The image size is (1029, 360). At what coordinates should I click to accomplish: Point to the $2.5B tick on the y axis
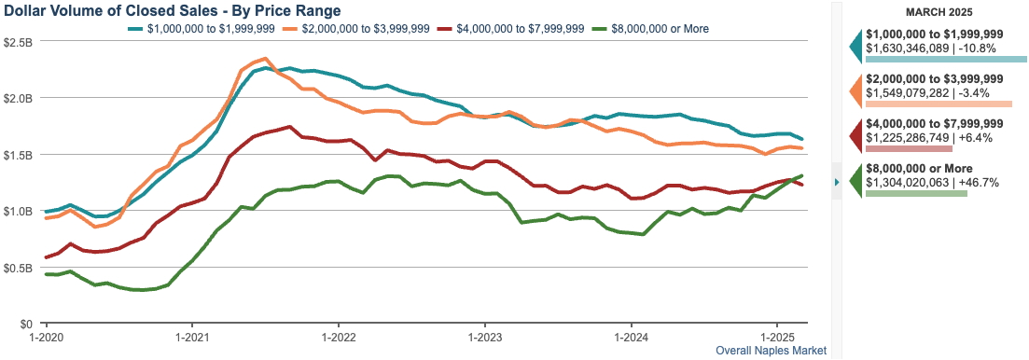tap(18, 42)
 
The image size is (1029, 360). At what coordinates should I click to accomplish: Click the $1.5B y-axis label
tap(18, 155)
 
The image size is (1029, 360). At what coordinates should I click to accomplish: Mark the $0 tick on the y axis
tap(25, 324)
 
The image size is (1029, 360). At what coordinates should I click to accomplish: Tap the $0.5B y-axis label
tap(18, 268)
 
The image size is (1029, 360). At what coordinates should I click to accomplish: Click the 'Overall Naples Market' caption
tap(771, 351)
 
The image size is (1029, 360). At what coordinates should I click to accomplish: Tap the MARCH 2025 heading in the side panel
tap(939, 12)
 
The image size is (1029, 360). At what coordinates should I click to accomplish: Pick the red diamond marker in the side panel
tap(855, 136)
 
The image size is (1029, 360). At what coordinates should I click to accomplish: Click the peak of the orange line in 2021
tap(265, 58)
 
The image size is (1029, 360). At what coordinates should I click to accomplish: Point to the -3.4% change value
tap(972, 92)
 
